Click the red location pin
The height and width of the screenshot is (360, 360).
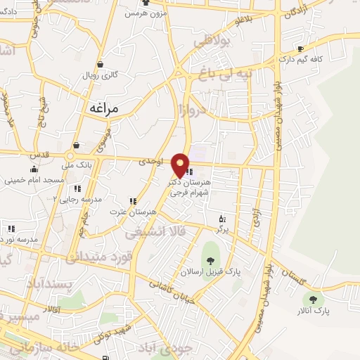181,164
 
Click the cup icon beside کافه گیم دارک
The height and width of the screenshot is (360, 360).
300,49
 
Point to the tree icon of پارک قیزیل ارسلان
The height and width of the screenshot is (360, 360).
210,260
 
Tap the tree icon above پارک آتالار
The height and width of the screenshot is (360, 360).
314,298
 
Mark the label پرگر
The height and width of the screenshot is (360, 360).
222,229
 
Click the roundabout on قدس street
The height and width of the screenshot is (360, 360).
70,156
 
